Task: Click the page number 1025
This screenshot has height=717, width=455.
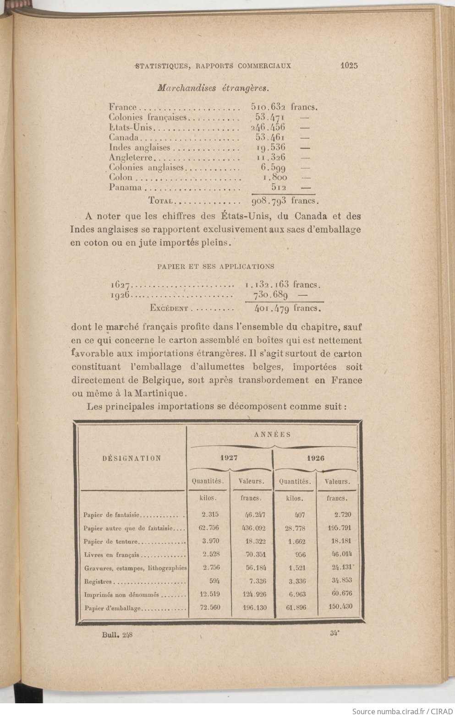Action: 349,65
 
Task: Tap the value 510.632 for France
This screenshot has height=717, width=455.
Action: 268,107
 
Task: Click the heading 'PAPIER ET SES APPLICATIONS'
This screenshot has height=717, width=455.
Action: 215,266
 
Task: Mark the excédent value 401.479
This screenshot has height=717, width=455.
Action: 271,308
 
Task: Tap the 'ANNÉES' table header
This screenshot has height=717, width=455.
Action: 272,435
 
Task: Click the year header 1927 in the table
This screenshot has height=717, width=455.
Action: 230,458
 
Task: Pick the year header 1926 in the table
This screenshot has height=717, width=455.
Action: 316,458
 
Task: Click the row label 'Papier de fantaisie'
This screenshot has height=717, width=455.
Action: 112,515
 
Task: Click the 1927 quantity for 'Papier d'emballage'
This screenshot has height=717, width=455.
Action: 211,608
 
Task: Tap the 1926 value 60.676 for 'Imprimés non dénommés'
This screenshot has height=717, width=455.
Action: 340,594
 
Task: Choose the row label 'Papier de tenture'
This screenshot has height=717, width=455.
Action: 110,541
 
